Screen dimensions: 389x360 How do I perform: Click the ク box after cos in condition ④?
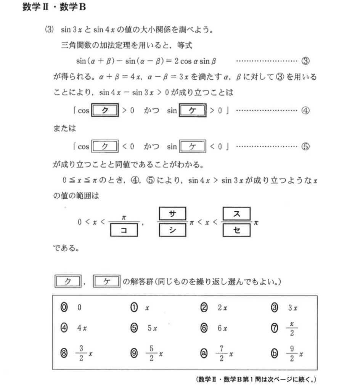coord(106,111)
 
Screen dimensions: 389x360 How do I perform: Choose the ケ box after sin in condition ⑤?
coord(192,147)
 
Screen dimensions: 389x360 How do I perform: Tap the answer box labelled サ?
coord(171,214)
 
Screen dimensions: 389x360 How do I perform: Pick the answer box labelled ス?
coord(236,214)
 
